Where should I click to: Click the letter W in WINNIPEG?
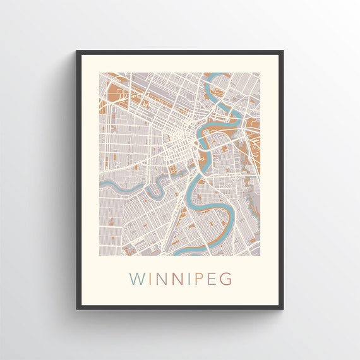click(x=136, y=279)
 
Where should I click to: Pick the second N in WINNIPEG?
click(x=172, y=279)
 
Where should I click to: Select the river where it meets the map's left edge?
click(x=101, y=184)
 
